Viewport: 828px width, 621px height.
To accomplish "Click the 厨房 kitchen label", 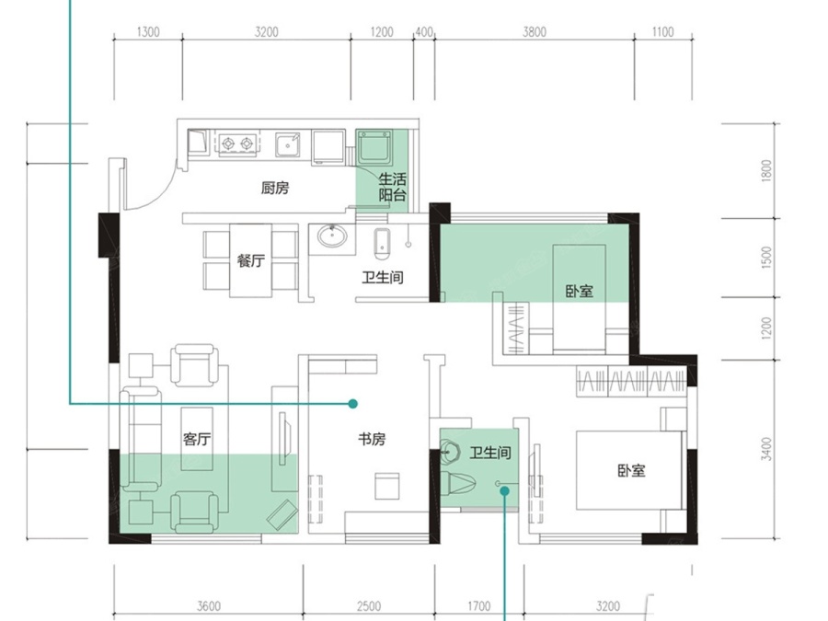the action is [274, 188].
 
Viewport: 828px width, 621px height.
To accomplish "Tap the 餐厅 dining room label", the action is [250, 260].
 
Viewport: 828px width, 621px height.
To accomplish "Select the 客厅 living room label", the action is [197, 438].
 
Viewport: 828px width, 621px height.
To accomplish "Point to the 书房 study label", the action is [372, 438].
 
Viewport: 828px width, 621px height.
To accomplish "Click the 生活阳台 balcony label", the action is [392, 188].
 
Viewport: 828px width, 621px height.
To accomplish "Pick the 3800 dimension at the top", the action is [535, 32].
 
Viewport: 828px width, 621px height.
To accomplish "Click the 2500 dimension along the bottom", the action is [369, 605].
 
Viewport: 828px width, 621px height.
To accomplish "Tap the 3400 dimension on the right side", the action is [766, 448].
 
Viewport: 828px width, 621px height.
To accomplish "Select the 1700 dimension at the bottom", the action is [479, 605].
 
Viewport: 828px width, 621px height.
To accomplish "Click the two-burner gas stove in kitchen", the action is [237, 144].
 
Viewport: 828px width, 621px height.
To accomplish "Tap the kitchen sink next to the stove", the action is [288, 144].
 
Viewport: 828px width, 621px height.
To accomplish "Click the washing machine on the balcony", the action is [375, 148].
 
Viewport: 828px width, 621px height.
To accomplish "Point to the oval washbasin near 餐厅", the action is [332, 236].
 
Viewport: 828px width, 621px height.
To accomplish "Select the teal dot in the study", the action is [353, 404].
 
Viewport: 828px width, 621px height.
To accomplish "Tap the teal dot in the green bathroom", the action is [504, 490].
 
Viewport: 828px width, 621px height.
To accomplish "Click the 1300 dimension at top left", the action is [148, 32].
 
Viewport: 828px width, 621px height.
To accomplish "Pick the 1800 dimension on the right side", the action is [766, 170].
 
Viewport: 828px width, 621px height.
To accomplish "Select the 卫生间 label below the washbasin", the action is [383, 277].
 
